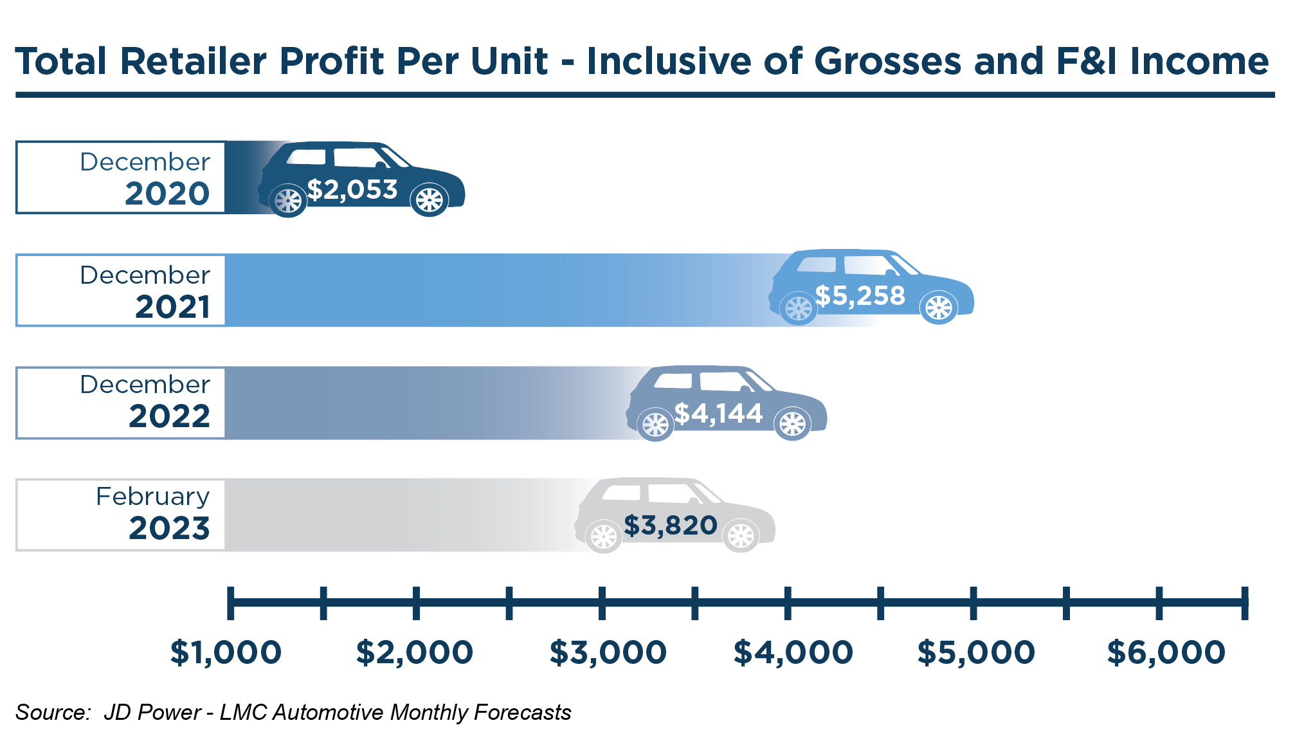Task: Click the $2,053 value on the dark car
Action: click(352, 190)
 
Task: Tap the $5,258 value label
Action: click(860, 296)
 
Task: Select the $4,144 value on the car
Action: click(718, 414)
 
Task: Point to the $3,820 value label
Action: click(670, 526)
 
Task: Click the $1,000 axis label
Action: click(226, 652)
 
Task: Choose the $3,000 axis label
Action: click(608, 652)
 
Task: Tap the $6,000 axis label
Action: click(1166, 652)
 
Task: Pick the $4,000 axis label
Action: click(793, 652)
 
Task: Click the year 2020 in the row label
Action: click(167, 194)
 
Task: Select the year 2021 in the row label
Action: click(172, 307)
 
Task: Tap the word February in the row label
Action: click(152, 497)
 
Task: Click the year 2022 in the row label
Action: click(169, 416)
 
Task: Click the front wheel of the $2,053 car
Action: click(430, 200)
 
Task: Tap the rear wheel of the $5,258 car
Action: click(799, 309)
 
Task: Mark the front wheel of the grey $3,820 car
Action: click(741, 535)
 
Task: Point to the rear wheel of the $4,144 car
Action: click(655, 425)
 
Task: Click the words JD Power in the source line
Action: click(152, 713)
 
